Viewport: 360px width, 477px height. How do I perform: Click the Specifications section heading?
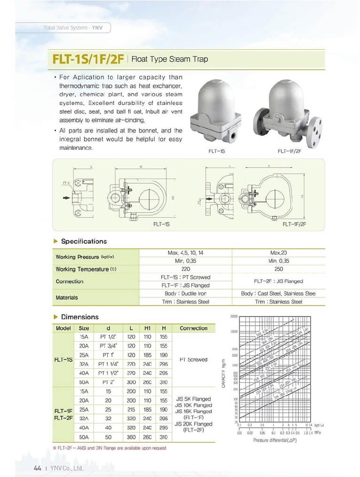coord(84,241)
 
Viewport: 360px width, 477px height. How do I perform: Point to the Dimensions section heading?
coord(79,317)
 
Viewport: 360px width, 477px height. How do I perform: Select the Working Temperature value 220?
coord(185,269)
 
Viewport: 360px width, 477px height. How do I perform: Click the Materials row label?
coord(67,298)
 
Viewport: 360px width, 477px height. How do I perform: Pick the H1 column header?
coord(147,329)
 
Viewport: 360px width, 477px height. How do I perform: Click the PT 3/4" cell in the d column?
coord(107,346)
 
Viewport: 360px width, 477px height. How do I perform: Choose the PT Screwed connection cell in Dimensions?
coord(193,360)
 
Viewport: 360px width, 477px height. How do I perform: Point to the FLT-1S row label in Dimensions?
coord(63,360)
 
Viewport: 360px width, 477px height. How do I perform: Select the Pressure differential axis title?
coord(275,440)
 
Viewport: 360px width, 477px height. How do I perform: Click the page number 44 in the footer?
coord(38,468)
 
